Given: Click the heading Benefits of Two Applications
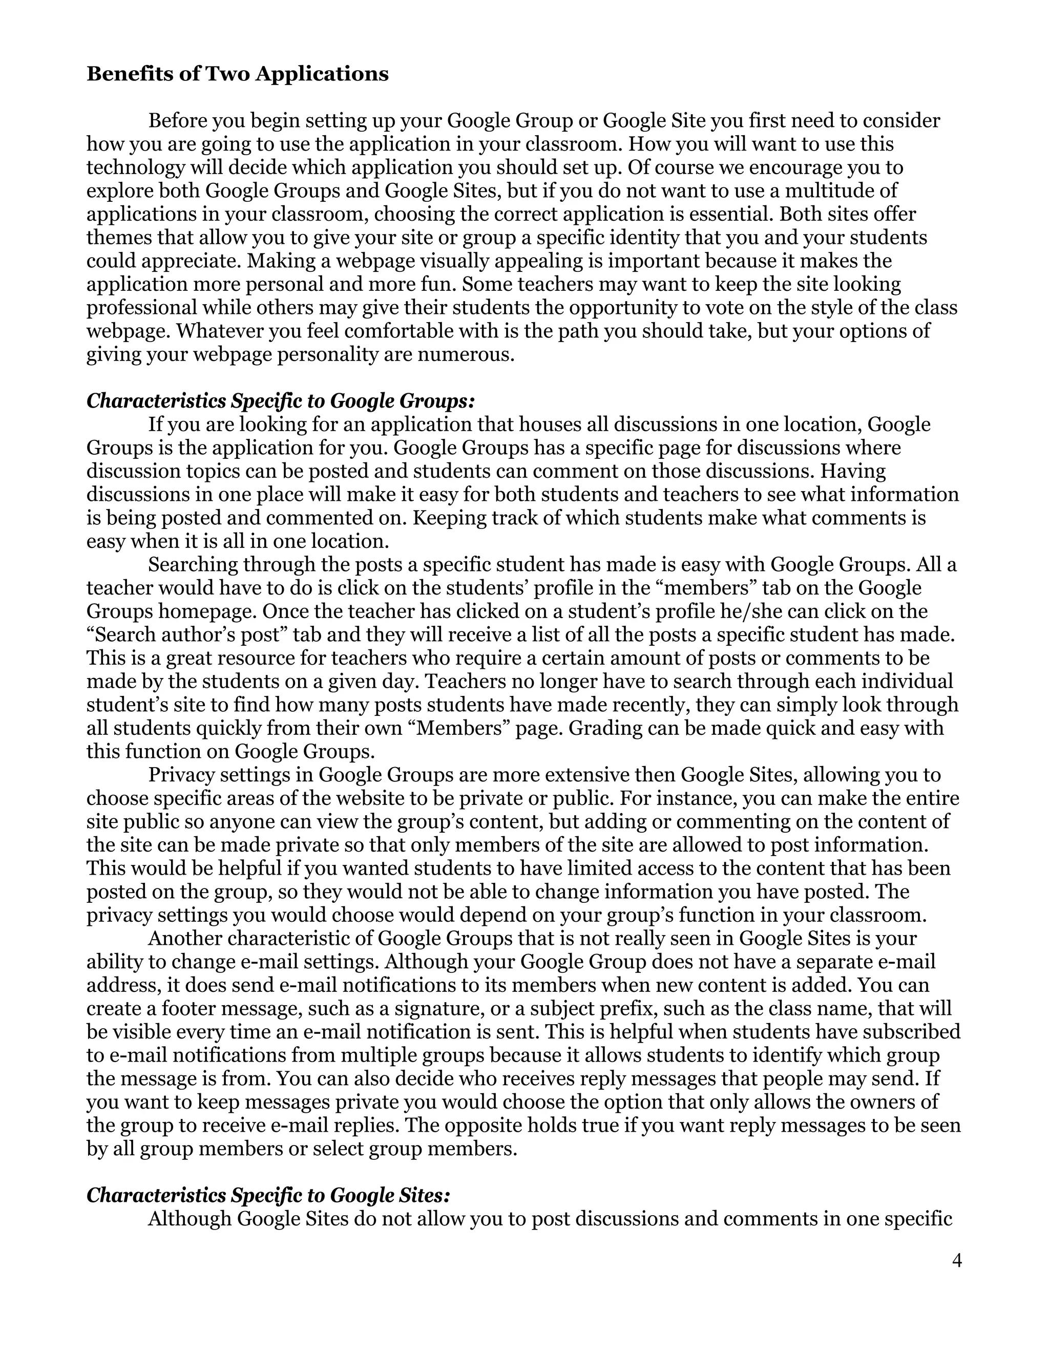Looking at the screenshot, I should tap(237, 74).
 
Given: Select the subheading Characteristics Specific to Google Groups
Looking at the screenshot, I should tap(280, 401).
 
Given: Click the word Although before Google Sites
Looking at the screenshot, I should tap(190, 1218).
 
